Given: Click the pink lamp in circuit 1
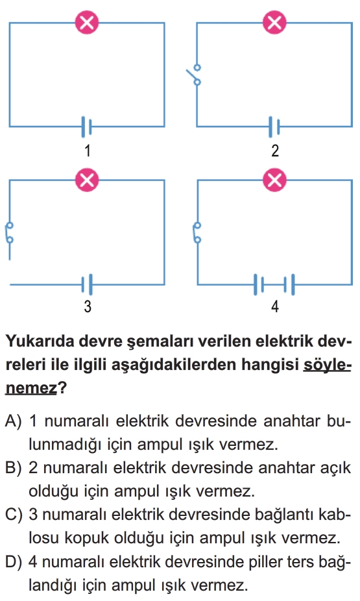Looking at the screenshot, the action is click(87, 23).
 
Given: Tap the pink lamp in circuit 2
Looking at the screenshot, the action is click(274, 23).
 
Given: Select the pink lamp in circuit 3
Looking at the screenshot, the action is click(87, 180).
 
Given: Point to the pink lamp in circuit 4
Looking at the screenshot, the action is click(274, 180).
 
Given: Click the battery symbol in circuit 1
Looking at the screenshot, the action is click(86, 127).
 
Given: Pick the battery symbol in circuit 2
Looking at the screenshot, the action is click(274, 127).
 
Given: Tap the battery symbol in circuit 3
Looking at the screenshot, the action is click(87, 284).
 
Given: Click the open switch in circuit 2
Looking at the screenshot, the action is click(195, 75).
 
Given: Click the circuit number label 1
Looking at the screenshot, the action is click(88, 151).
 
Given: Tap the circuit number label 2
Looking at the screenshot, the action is click(275, 151).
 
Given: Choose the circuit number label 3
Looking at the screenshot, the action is click(88, 306).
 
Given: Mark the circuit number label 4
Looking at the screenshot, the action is click(275, 306).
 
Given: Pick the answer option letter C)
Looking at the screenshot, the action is click(14, 515).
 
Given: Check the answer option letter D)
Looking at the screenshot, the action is click(14, 562).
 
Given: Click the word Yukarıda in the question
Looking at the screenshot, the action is click(40, 341).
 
